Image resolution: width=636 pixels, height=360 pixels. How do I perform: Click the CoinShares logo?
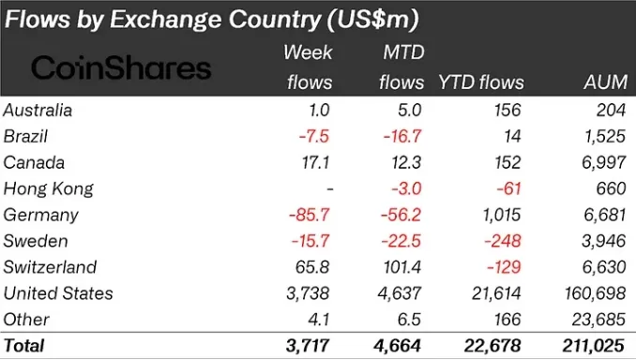coord(121,67)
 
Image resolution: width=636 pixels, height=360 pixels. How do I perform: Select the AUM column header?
coord(606,82)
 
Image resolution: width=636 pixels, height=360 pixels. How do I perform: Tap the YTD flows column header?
coord(481,82)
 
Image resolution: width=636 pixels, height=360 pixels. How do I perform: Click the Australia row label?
coord(38,111)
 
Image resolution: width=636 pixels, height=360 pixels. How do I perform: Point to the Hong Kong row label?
coord(48,189)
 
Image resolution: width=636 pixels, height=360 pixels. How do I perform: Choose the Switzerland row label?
coord(50,267)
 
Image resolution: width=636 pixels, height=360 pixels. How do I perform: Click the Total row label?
coord(24,346)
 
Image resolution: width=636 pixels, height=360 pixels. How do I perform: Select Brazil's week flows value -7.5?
coord(314,136)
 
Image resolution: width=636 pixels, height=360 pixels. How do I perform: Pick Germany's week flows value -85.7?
coord(309,215)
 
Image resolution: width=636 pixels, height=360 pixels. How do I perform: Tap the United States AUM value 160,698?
coord(596,293)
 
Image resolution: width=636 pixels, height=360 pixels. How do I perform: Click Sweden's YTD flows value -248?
coord(503,241)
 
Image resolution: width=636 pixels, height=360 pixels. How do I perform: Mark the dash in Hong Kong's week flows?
coord(330,189)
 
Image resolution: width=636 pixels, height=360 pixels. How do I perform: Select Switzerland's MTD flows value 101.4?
coord(402,267)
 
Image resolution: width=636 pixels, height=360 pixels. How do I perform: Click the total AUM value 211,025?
coord(594,346)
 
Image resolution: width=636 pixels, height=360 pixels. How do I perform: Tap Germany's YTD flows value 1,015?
coord(502,215)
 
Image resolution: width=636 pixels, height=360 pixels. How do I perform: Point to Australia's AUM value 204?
coord(612,111)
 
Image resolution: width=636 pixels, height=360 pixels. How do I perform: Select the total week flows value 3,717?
coord(308,346)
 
